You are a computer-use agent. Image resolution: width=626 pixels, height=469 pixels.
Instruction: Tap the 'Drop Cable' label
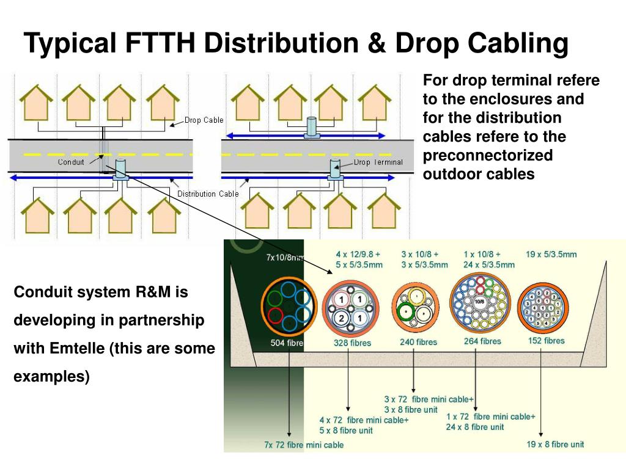click(204, 120)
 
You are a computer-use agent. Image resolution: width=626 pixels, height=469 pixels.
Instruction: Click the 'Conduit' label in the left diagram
click(71, 162)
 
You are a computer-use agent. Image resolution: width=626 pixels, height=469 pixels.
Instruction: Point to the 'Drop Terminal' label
click(378, 162)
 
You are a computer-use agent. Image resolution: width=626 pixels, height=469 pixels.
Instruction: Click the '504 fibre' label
click(287, 343)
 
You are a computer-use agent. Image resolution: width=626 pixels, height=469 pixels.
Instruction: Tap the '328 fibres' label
click(352, 343)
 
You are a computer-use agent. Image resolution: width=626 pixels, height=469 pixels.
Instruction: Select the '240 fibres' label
click(419, 342)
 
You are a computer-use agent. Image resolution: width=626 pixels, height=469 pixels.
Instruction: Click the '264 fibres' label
click(482, 341)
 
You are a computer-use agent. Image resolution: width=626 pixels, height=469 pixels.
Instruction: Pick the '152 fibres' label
click(547, 341)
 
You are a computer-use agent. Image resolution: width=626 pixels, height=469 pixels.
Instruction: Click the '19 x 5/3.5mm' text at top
click(551, 254)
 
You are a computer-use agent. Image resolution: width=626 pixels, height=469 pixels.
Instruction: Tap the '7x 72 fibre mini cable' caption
click(304, 445)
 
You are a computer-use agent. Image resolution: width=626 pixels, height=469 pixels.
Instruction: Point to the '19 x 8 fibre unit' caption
click(556, 445)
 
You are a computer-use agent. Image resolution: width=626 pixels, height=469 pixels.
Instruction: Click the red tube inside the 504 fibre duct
click(276, 317)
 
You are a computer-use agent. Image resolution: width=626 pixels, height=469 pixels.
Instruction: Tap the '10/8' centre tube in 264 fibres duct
click(480, 302)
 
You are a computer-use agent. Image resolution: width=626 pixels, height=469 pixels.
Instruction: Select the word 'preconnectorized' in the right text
click(488, 155)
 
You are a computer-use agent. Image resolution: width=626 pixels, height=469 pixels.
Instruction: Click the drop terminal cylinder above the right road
click(311, 125)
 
